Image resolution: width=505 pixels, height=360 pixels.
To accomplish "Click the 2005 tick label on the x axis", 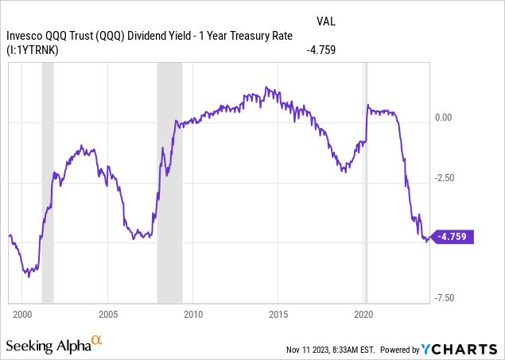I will click(x=108, y=315).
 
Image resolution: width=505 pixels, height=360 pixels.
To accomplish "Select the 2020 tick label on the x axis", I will click(x=363, y=315).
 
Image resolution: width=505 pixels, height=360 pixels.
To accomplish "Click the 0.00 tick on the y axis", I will click(x=443, y=118).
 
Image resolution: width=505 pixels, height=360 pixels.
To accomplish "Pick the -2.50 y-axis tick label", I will click(x=443, y=178).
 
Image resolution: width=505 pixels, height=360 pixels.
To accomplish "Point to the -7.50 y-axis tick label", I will click(x=443, y=298).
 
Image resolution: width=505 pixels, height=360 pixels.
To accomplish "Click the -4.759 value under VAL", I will click(x=321, y=49).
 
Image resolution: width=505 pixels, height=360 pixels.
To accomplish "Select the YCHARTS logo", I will click(x=465, y=348).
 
